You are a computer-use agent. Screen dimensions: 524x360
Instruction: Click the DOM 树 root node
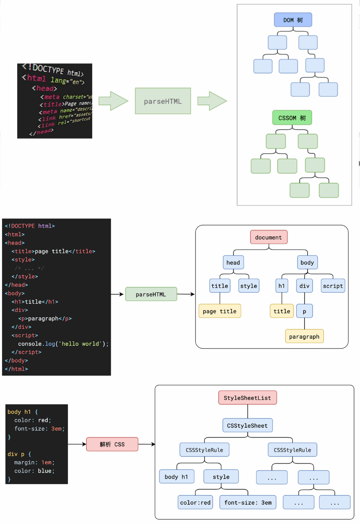point(293,20)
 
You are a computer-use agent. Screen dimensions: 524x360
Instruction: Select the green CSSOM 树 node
point(292,118)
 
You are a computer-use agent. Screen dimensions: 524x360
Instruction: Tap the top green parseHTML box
point(163,101)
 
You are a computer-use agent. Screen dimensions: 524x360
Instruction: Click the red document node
point(269,238)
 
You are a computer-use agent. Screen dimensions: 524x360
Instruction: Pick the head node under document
point(233,263)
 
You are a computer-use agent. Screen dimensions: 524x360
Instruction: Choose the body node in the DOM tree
point(307,263)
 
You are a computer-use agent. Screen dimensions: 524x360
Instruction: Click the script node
point(333,286)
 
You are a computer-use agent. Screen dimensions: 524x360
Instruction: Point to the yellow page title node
point(220,311)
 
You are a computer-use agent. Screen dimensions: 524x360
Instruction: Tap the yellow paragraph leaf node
point(304,337)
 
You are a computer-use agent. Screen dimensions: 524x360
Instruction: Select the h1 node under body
point(282,286)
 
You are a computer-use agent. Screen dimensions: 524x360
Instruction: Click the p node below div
point(304,311)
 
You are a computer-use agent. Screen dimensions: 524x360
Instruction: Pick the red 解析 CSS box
point(112,444)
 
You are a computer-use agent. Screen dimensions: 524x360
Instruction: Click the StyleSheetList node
point(248,398)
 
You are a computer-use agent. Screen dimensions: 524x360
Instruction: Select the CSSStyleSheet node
point(248,426)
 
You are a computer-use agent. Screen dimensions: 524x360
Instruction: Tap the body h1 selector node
point(176,477)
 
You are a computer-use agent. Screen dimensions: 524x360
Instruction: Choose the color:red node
point(196,503)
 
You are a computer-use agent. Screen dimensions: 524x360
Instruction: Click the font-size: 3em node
point(248,503)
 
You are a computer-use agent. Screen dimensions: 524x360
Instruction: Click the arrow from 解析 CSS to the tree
point(147,444)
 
